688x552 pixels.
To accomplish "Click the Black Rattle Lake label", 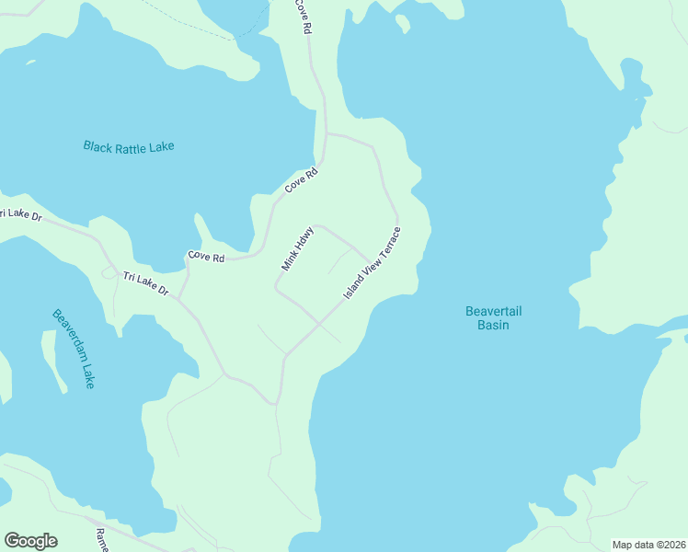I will [128, 146].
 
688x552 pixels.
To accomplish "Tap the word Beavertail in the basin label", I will [493, 312].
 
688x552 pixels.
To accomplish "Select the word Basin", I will [493, 326].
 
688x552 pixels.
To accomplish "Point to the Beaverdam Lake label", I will [74, 348].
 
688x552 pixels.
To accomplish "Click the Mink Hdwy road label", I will [298, 248].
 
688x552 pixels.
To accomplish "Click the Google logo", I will [30, 540].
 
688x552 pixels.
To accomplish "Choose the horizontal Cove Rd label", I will [206, 258].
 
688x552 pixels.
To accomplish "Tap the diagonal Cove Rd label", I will [301, 179].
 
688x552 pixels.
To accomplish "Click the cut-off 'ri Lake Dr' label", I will [20, 214].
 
